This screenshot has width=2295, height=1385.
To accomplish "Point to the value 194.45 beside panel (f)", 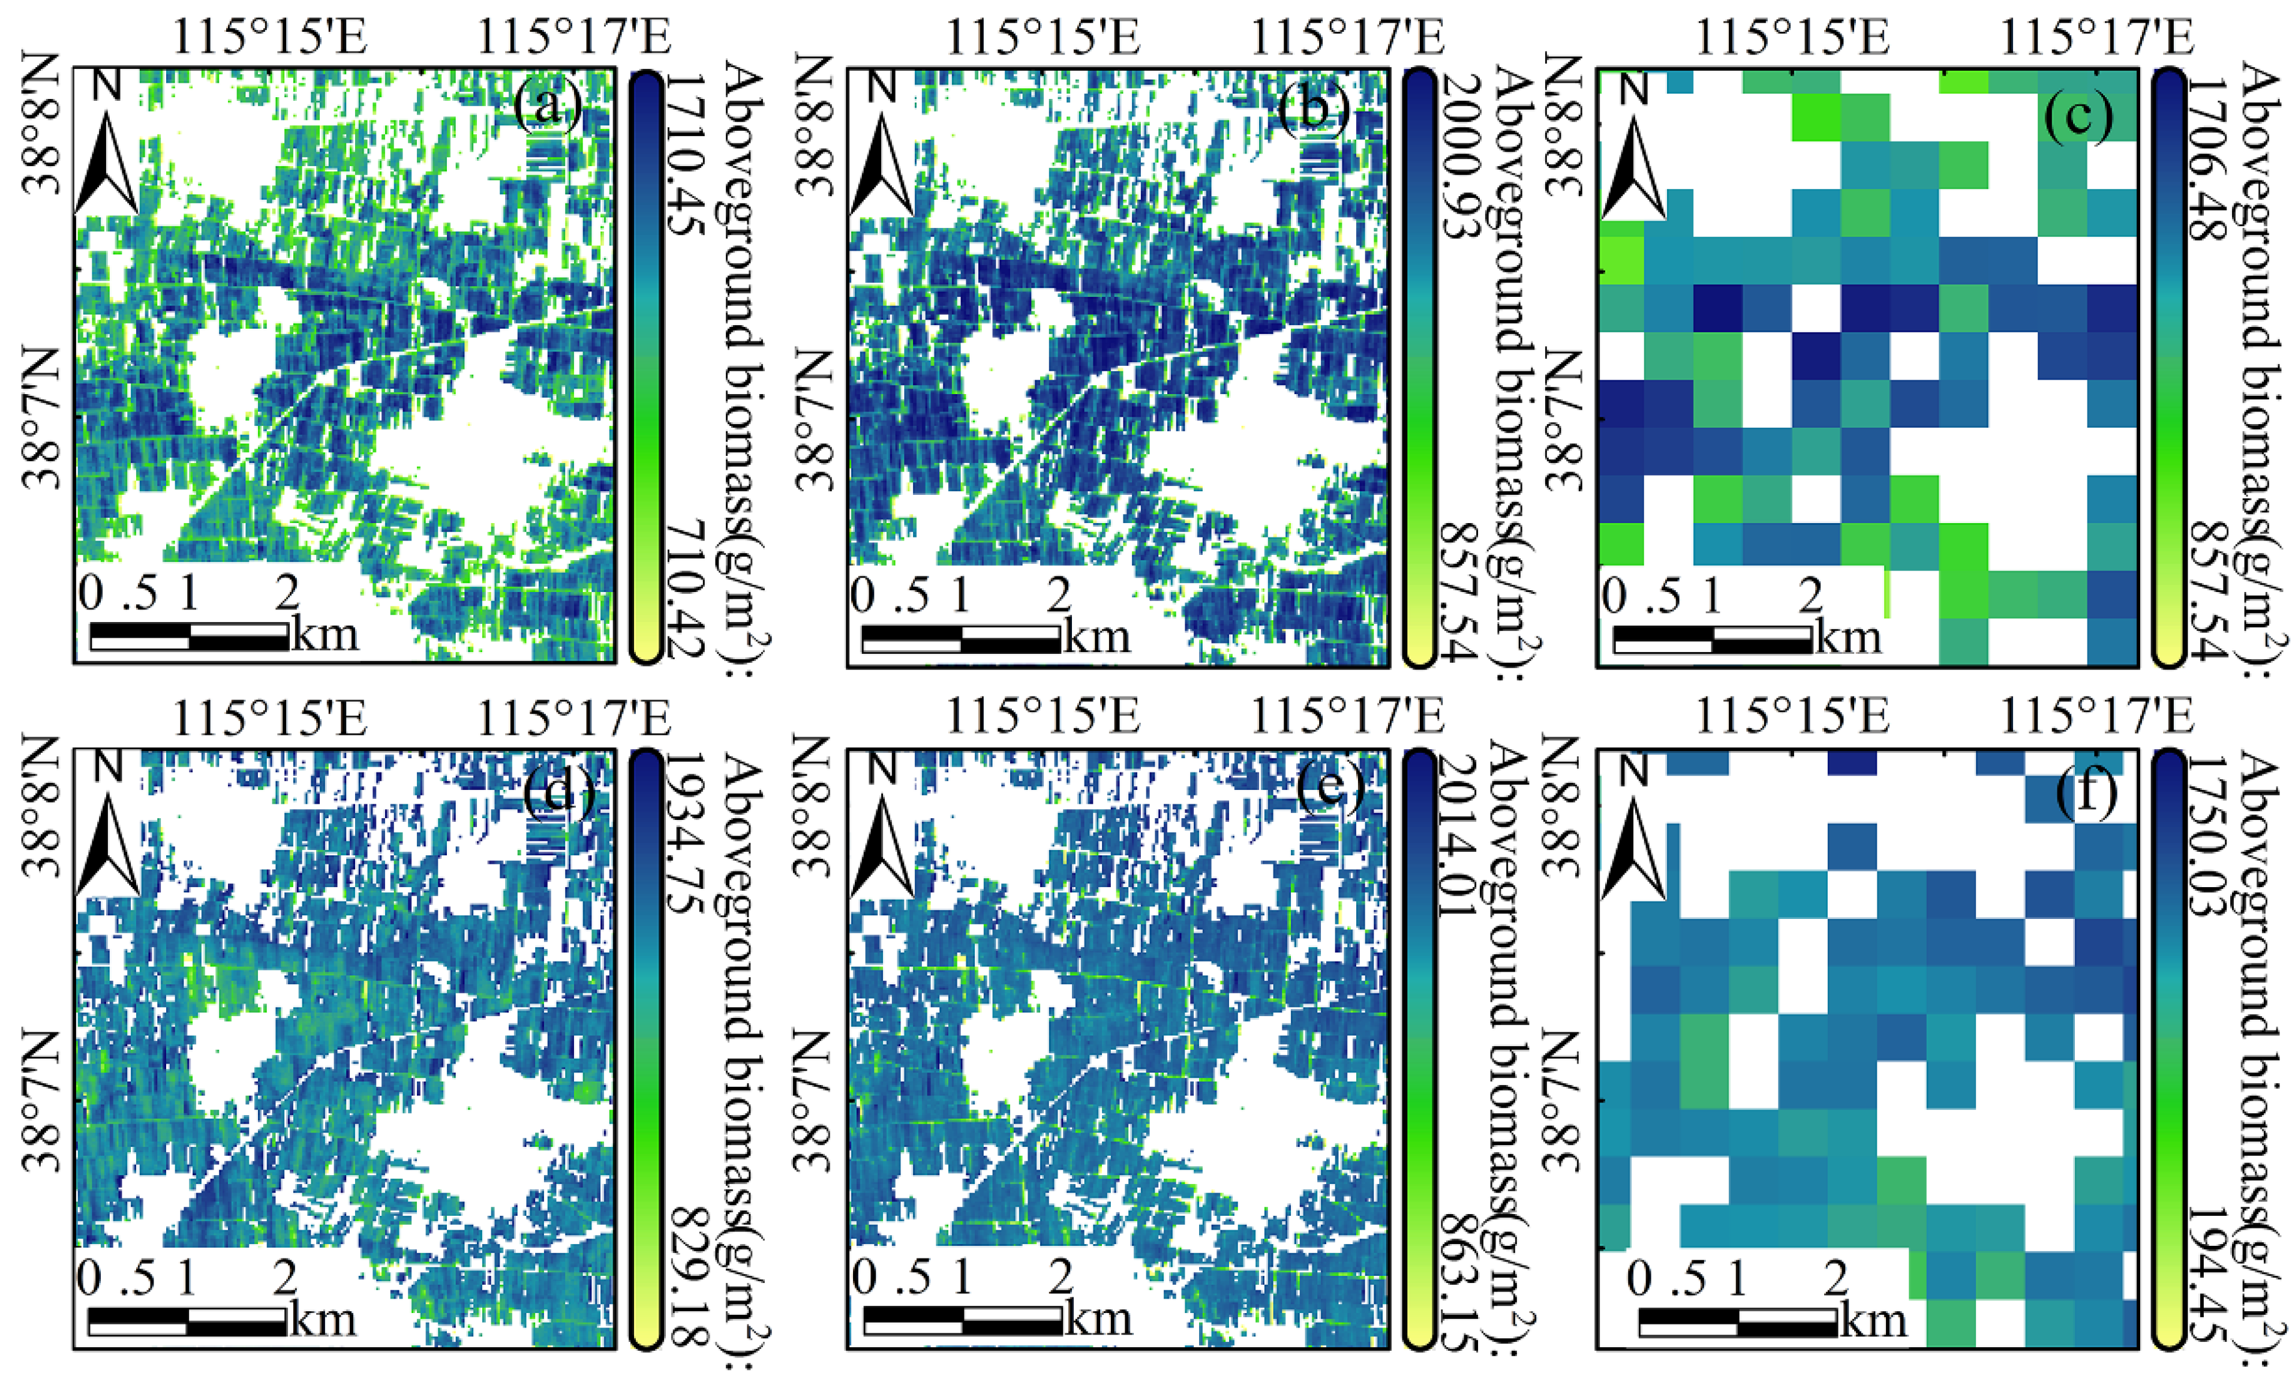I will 2206,1276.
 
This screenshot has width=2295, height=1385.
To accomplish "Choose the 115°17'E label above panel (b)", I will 1346,37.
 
